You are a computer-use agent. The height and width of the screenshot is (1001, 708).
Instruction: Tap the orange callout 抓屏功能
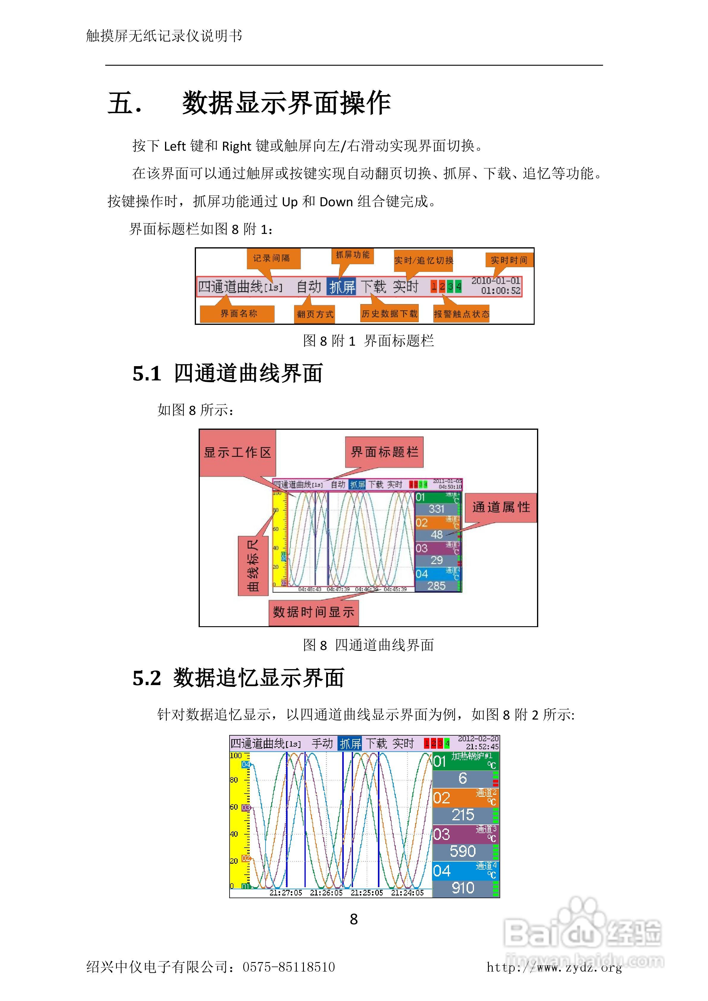click(x=352, y=255)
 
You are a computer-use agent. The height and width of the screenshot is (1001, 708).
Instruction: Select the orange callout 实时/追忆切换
click(x=423, y=260)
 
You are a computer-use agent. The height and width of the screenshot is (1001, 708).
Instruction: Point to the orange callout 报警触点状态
click(x=461, y=314)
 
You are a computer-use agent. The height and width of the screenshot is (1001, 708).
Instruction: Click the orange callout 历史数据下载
click(x=389, y=314)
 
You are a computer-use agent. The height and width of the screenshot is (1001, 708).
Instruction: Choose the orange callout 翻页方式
click(x=315, y=314)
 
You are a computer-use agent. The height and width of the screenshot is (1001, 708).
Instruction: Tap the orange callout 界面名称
click(x=238, y=314)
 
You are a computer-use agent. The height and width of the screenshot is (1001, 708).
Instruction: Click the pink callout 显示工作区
click(x=237, y=453)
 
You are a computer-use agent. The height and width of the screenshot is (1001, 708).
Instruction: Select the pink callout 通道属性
click(x=501, y=507)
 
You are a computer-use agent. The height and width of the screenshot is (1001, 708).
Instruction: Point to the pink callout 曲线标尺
click(x=252, y=566)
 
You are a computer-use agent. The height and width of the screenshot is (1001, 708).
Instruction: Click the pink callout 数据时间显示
click(x=313, y=612)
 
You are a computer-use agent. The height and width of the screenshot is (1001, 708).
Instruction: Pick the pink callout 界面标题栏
click(x=384, y=452)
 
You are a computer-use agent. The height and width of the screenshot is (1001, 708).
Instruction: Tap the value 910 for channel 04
click(x=462, y=888)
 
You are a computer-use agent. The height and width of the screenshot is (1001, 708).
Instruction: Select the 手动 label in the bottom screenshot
click(x=322, y=743)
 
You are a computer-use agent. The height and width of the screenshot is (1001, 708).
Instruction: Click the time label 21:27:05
click(x=286, y=893)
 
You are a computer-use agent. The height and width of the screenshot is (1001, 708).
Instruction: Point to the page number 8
click(x=354, y=919)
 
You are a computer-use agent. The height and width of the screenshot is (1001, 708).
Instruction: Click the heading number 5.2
click(x=147, y=678)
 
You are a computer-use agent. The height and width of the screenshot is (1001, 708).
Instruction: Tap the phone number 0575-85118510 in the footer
click(x=289, y=967)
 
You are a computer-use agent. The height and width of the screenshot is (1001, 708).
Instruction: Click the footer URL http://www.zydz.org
click(x=554, y=967)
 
